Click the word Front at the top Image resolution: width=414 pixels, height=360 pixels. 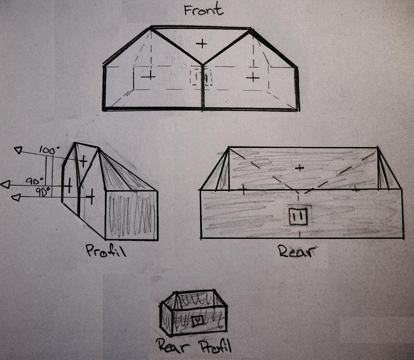click(x=203, y=10)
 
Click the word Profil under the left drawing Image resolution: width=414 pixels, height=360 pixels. click(x=106, y=251)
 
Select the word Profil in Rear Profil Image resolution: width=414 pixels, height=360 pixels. click(x=215, y=346)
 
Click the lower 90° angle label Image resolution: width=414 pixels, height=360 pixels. click(x=43, y=192)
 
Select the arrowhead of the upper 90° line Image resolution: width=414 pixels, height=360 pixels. click(x=6, y=184)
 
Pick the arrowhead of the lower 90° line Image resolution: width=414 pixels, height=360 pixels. click(x=16, y=197)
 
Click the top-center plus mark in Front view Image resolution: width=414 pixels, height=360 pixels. click(x=201, y=43)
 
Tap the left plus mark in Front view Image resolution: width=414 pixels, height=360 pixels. click(x=148, y=76)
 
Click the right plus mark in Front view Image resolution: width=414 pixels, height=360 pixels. click(x=253, y=78)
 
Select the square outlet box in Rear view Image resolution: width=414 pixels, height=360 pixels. click(x=298, y=216)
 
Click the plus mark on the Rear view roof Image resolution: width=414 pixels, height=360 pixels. click(x=299, y=168)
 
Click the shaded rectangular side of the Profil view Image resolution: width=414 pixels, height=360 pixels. click(x=132, y=215)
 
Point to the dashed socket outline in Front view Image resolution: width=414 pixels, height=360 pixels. click(x=201, y=77)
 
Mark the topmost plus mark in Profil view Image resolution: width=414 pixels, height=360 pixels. click(x=83, y=161)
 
